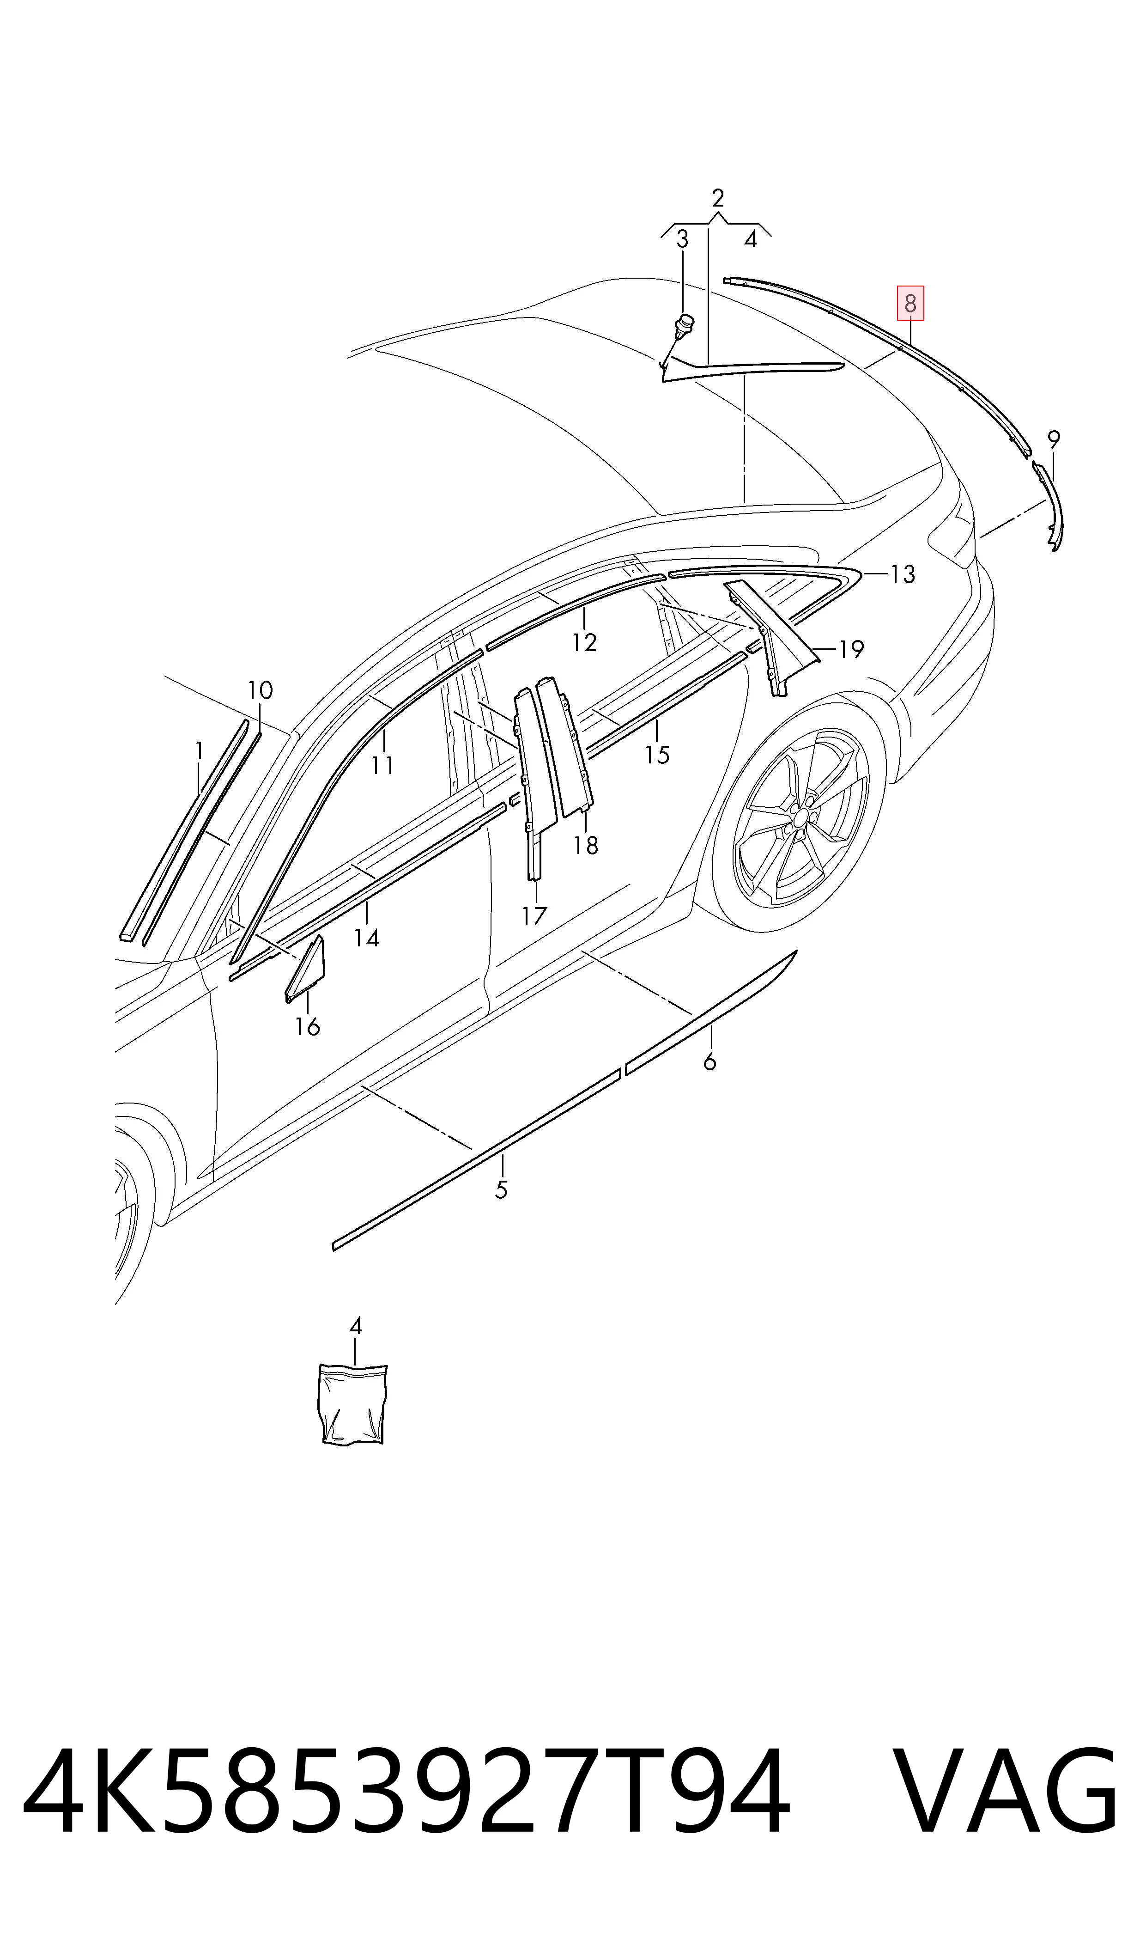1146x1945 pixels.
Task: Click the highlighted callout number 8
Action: point(910,304)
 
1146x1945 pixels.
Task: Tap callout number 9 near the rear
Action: point(1053,439)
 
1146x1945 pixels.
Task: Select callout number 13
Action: point(902,575)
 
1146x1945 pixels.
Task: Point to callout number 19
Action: point(850,650)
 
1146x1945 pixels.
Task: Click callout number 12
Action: point(585,643)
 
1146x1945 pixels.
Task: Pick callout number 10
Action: point(260,690)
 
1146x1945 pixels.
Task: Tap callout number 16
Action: point(307,1027)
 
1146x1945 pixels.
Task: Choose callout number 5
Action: point(501,1190)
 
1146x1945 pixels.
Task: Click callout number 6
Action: point(709,1062)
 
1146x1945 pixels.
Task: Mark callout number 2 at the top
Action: point(718,199)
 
